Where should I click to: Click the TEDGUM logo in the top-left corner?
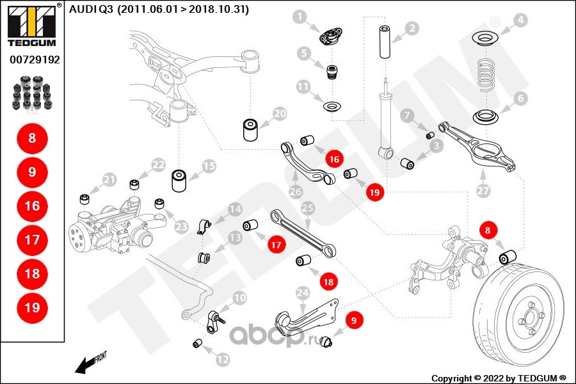click(x=32, y=25)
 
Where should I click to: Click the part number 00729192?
click(x=35, y=60)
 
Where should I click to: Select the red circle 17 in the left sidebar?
click(x=33, y=240)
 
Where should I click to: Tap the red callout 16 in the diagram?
click(x=334, y=159)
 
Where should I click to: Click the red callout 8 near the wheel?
click(x=488, y=230)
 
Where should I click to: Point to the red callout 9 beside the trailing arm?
click(x=354, y=321)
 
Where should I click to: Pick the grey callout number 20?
click(x=280, y=113)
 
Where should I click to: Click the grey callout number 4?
click(x=520, y=20)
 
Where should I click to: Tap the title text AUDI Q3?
click(x=91, y=9)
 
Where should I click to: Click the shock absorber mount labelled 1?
click(x=329, y=36)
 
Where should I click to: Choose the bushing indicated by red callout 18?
click(x=303, y=260)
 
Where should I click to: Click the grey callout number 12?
click(x=223, y=359)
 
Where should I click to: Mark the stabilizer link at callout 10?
click(x=214, y=321)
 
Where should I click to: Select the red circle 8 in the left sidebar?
click(x=33, y=138)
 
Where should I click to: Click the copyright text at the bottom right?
click(x=499, y=378)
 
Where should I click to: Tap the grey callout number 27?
click(x=483, y=190)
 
